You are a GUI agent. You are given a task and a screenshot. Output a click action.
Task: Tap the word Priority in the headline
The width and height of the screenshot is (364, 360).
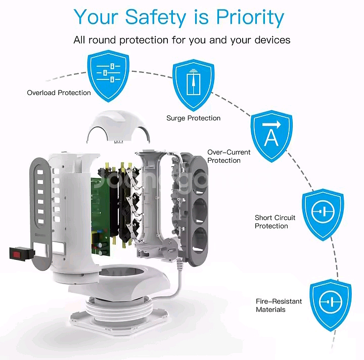point(250,17)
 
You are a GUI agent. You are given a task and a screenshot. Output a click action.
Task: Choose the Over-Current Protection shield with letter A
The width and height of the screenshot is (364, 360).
point(271,133)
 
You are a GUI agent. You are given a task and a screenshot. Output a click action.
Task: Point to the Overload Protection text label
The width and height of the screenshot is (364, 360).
point(59,93)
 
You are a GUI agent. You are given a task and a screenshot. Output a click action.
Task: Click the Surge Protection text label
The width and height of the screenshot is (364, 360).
point(194,118)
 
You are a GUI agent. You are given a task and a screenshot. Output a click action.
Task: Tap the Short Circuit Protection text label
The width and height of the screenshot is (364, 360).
point(275,222)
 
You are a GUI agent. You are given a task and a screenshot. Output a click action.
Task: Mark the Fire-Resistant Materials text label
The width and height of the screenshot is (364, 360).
point(279,305)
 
